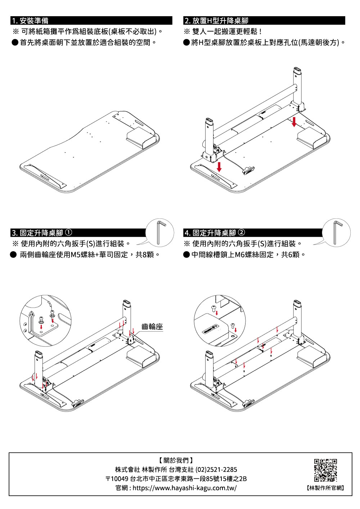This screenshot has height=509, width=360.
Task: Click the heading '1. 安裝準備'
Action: pos(30,21)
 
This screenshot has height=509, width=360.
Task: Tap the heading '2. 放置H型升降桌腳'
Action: pos(216,21)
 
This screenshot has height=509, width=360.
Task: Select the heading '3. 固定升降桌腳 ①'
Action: pos(42,233)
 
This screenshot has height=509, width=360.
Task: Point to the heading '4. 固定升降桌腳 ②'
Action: pos(215,233)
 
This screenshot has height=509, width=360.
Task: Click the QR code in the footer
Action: pos(325,470)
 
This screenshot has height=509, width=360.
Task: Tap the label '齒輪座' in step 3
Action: pos(152,327)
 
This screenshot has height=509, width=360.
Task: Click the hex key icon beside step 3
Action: pos(160,232)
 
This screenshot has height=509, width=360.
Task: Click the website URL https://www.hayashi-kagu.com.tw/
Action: pos(185,488)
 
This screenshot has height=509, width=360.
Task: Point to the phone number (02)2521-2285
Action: pos(216,470)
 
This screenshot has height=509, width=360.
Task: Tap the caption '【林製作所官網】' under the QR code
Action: pos(325,488)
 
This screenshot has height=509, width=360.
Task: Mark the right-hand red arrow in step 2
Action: pos(294,121)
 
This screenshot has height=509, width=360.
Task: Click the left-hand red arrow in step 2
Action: pos(219,166)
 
